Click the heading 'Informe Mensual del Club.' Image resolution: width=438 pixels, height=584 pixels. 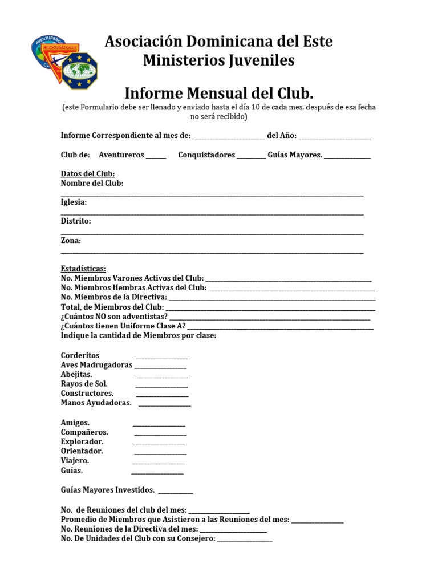click(x=219, y=92)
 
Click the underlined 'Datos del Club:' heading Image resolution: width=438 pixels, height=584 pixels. click(x=88, y=173)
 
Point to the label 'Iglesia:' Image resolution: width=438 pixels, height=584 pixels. click(x=74, y=202)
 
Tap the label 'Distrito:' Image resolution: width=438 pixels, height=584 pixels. click(x=75, y=221)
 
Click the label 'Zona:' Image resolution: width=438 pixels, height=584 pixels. click(x=71, y=240)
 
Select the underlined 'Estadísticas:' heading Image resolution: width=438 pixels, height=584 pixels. click(x=83, y=269)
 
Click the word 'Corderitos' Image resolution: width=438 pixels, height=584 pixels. click(x=80, y=355)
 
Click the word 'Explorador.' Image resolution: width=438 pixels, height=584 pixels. click(x=82, y=441)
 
